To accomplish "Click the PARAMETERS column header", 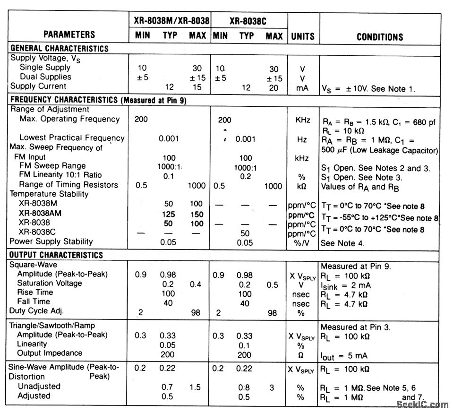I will click(x=69, y=34).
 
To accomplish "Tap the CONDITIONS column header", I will click(x=380, y=37).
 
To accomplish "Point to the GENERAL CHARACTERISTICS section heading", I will click(x=60, y=48).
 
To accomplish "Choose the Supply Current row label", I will click(x=39, y=86).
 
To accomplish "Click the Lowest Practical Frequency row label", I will click(x=72, y=138).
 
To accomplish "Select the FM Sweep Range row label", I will click(x=52, y=166).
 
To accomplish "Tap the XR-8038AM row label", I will click(x=40, y=213).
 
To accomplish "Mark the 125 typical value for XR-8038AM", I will click(x=169, y=214).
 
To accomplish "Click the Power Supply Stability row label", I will click(x=52, y=241).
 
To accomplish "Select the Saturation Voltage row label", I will click(x=50, y=283).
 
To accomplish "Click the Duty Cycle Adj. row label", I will click(x=36, y=310).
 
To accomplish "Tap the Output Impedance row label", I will click(x=50, y=353).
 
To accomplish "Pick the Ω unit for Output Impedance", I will click(x=300, y=355).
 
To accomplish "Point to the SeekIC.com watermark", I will click(x=422, y=404).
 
